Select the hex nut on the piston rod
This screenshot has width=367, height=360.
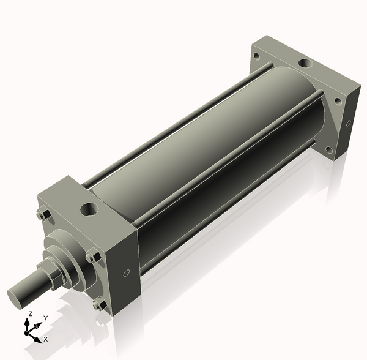[51, 272]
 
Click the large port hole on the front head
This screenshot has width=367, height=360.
[89, 209]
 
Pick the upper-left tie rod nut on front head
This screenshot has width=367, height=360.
[43, 215]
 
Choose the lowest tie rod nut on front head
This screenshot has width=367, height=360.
[100, 305]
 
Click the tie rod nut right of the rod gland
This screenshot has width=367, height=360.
[94, 257]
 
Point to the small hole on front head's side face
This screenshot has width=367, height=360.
[127, 273]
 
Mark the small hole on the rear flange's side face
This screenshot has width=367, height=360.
[348, 123]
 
